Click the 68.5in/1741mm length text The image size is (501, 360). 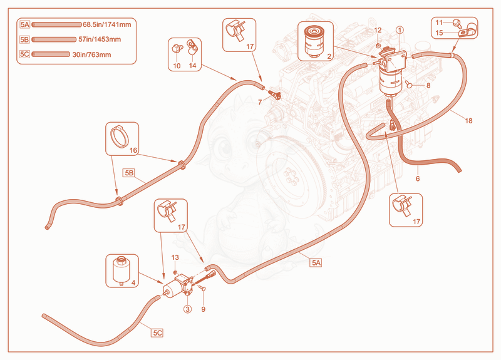point(106,24)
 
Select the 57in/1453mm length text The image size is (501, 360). point(100,39)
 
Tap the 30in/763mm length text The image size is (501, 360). point(91,54)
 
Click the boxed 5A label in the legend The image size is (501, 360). point(25,24)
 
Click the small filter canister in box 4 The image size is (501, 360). point(121,270)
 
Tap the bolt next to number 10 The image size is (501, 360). point(177,49)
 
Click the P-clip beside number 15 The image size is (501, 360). point(467,30)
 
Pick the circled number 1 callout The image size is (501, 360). point(400,30)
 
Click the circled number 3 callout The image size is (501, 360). point(187,309)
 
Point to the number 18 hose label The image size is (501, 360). point(468,121)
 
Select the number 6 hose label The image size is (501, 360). point(418,179)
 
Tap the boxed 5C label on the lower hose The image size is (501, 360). point(157,333)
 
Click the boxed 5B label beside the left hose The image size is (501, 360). point(129,173)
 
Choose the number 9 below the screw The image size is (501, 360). point(203,309)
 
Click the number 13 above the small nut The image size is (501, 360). point(175,257)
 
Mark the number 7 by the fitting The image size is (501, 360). point(260,102)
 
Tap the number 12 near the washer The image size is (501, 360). point(378,30)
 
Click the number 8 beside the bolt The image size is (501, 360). point(428,85)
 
